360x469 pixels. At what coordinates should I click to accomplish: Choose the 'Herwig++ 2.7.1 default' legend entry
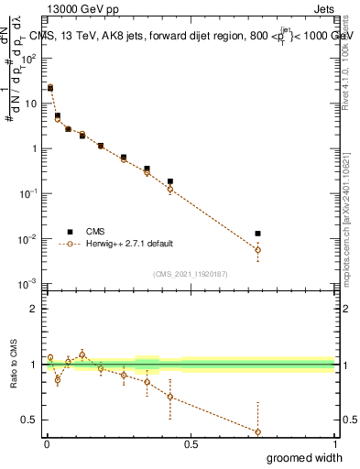coord(127,244)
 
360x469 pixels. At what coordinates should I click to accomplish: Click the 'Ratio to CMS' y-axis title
coord(12,381)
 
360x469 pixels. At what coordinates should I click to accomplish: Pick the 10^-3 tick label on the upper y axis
coord(31,284)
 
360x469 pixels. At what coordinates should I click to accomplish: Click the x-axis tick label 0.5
coord(191,444)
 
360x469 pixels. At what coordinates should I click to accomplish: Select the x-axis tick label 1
coord(334,444)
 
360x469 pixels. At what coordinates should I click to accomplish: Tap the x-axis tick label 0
coord(47,444)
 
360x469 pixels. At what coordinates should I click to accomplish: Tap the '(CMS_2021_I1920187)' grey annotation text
coord(191,273)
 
